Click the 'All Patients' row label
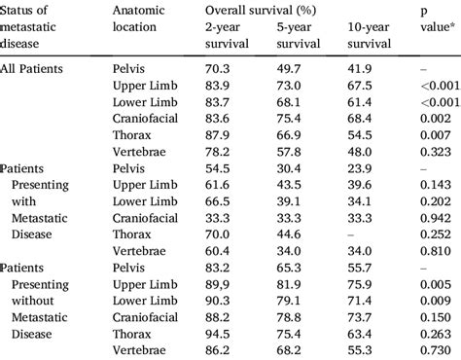pyautogui.click(x=34, y=71)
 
